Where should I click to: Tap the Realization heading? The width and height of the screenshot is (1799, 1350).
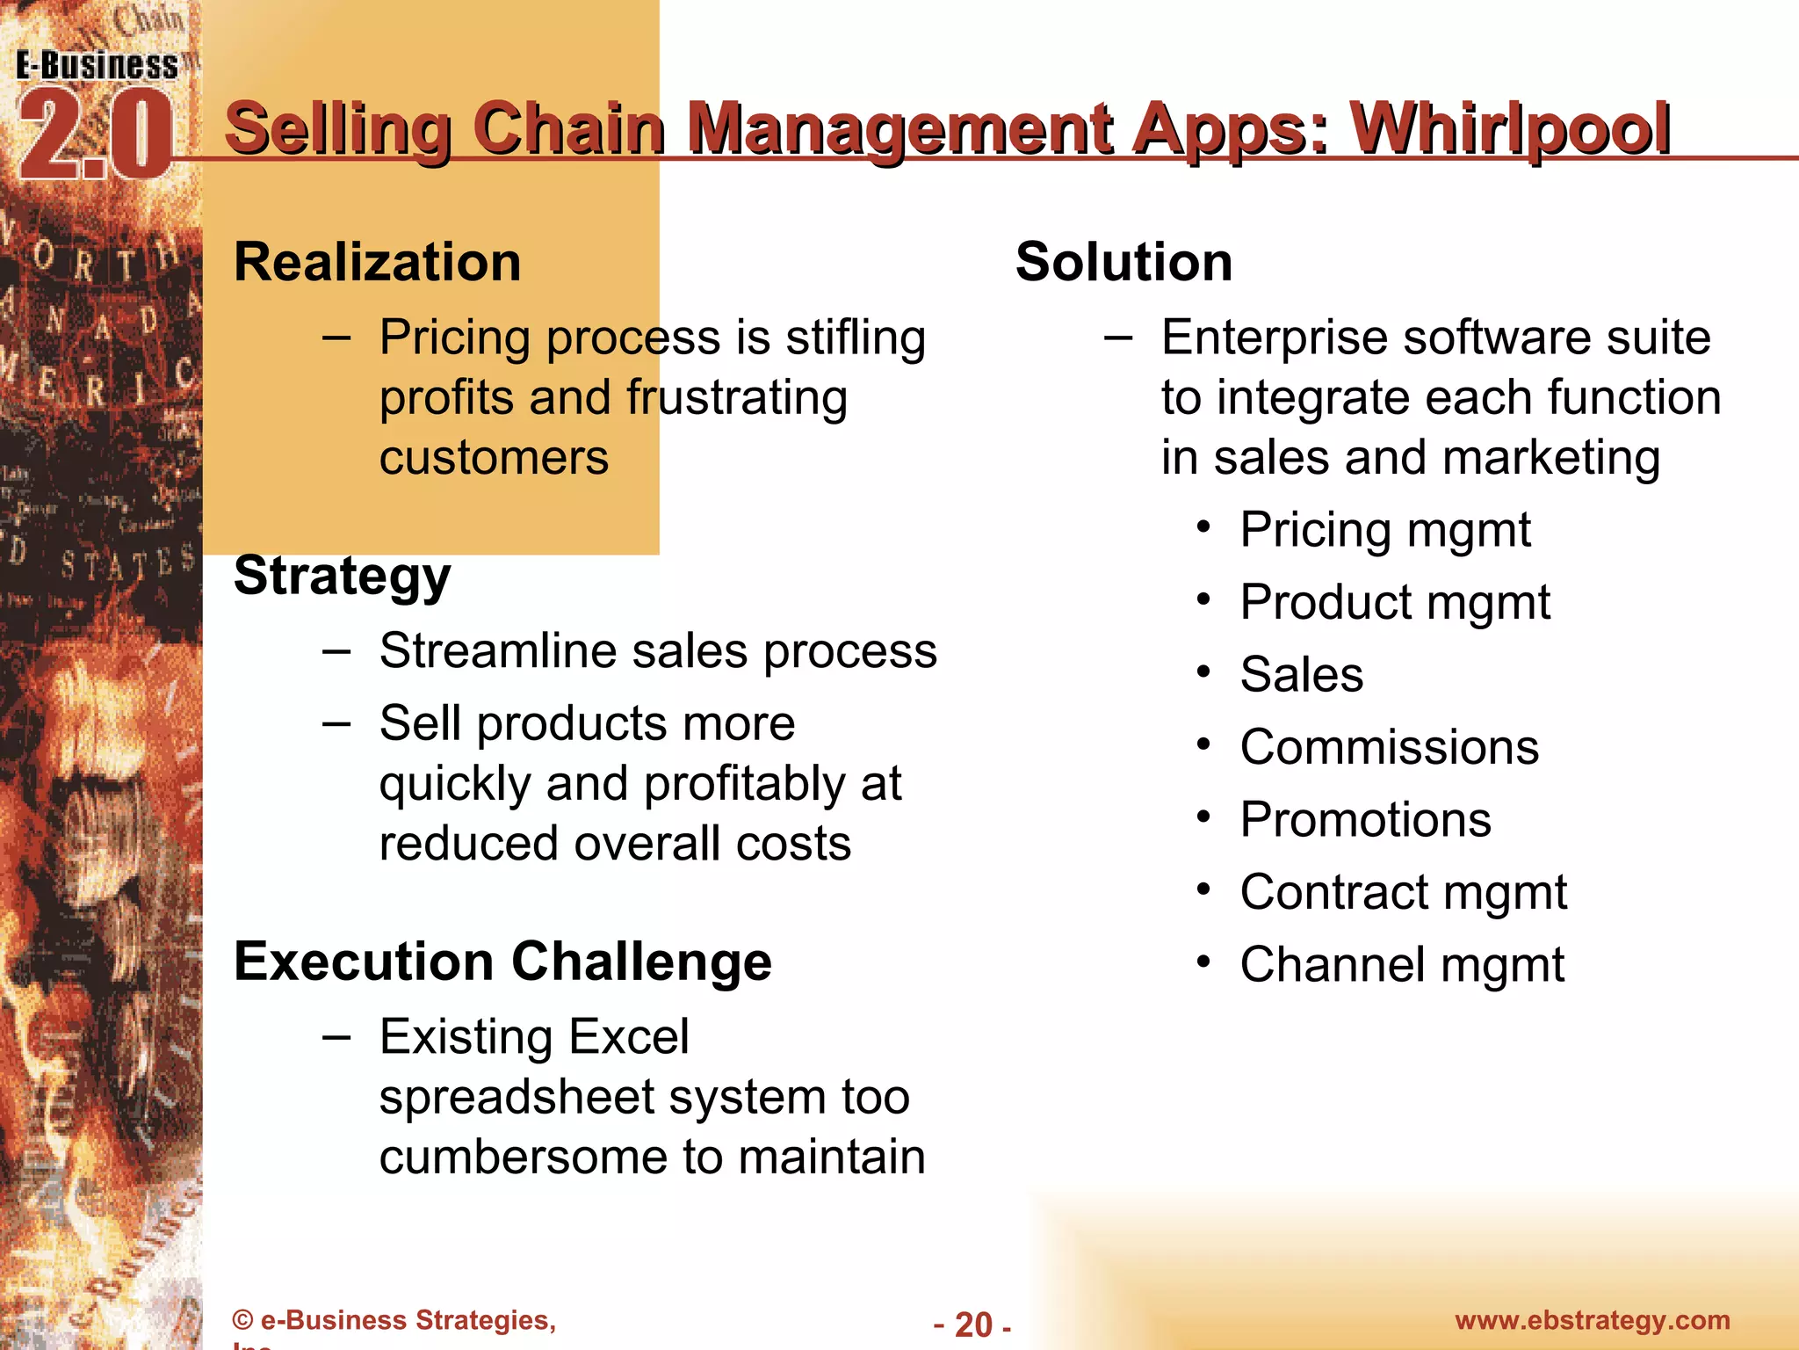coord(378,262)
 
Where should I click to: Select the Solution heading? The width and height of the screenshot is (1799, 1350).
coord(1123,262)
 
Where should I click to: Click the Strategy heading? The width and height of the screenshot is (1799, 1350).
coord(342,577)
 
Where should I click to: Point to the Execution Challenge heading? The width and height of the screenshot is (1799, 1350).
coord(502,961)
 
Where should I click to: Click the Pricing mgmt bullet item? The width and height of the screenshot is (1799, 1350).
coord(1385,530)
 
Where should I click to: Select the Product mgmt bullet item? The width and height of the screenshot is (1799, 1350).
coord(1395,603)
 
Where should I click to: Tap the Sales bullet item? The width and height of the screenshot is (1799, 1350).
coord(1302,675)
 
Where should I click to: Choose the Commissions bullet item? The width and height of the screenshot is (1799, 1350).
coord(1389,747)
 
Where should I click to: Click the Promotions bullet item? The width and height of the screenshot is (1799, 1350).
coord(1365,820)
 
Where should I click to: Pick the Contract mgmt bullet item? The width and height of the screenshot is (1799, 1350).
coord(1403,893)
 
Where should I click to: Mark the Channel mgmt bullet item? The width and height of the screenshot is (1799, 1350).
coord(1402,965)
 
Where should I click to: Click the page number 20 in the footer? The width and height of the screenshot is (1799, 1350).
coord(973,1325)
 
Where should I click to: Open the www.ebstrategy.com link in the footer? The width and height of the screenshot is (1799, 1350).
coord(1592,1320)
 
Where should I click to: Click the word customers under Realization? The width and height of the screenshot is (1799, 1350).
coord(494,458)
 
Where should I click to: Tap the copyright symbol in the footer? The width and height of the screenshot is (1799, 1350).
coord(242,1321)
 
